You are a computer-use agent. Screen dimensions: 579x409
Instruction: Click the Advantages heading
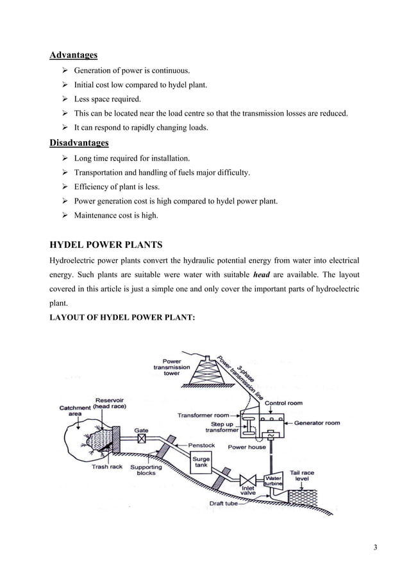[74, 55]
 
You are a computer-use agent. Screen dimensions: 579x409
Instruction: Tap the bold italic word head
[261, 274]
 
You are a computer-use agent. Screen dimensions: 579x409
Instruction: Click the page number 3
[375, 547]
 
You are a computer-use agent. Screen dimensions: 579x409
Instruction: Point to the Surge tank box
[202, 463]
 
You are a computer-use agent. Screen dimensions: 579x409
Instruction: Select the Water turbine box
[274, 481]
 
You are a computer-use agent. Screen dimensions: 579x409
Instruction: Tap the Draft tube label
[224, 504]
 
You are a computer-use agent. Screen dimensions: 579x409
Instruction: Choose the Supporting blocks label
[146, 470]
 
